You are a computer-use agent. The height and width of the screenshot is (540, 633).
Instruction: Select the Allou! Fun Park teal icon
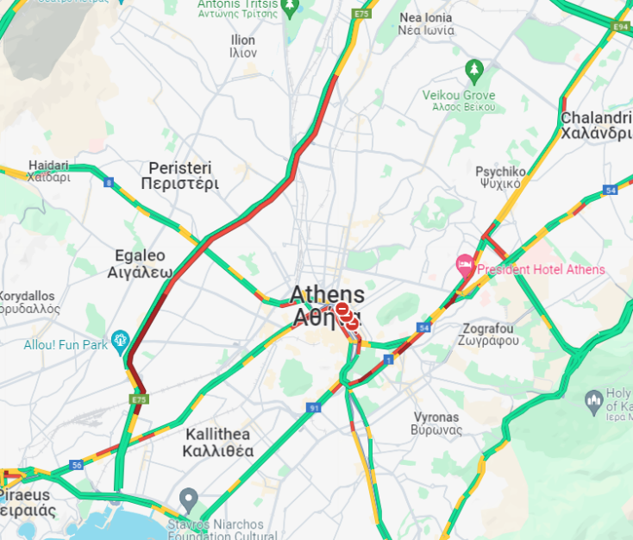pos(120,339)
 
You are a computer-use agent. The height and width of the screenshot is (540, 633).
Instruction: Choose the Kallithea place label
pos(218,443)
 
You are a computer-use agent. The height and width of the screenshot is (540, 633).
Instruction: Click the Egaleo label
pos(140,263)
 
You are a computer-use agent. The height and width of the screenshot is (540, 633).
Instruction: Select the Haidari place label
pos(48,171)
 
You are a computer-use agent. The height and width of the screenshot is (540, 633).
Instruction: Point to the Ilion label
pos(243,47)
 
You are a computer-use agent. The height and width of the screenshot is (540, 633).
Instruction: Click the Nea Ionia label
pos(425,23)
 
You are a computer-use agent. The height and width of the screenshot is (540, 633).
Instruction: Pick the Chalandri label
pos(596,125)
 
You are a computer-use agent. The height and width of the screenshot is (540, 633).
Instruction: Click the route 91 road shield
pos(313,407)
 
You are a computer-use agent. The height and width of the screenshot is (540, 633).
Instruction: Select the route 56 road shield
pos(77,465)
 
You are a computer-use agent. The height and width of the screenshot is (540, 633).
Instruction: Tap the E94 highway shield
pos(620,28)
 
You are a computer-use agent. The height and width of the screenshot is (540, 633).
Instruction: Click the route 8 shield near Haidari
pos(108,182)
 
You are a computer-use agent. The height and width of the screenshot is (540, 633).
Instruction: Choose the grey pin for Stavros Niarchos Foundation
pos(188,499)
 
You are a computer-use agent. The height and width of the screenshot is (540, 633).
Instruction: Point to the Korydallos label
pos(28,301)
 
